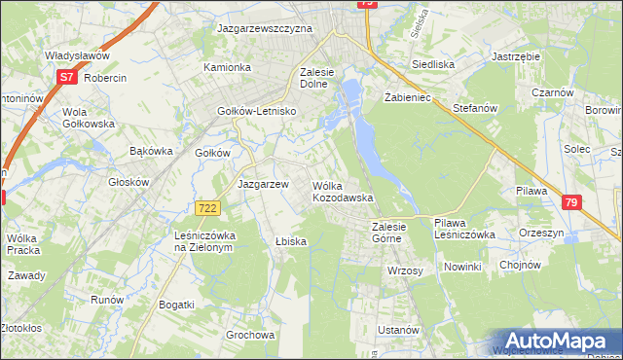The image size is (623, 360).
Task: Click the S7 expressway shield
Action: click(x=66, y=76)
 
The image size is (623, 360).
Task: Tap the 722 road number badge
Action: click(x=206, y=208)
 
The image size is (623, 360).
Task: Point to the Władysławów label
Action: click(x=76, y=56)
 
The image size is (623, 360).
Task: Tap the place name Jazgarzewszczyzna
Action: click(x=265, y=29)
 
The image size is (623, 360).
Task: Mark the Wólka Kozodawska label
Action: click(x=342, y=191)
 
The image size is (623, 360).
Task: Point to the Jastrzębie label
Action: click(x=516, y=56)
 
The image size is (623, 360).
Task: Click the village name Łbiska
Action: click(x=291, y=241)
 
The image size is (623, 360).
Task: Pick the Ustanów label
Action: click(x=397, y=331)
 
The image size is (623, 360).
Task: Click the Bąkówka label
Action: click(x=151, y=151)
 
